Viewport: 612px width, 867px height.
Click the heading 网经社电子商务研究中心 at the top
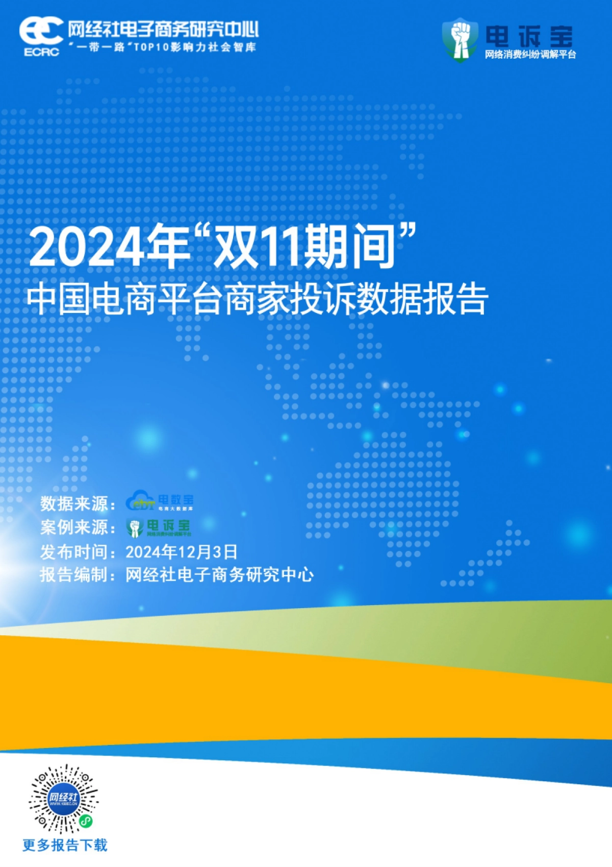(163, 30)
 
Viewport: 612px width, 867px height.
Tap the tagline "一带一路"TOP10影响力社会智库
(162, 47)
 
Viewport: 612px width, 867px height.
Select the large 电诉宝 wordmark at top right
(528, 36)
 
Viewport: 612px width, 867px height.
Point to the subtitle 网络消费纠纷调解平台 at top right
(530, 55)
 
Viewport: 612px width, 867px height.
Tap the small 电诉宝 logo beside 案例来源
(158, 527)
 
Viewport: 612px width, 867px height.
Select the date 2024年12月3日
(182, 552)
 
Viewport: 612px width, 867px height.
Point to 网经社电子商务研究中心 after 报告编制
(220, 575)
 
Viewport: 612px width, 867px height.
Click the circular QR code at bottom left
(63, 799)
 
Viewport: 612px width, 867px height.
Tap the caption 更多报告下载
(65, 845)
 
